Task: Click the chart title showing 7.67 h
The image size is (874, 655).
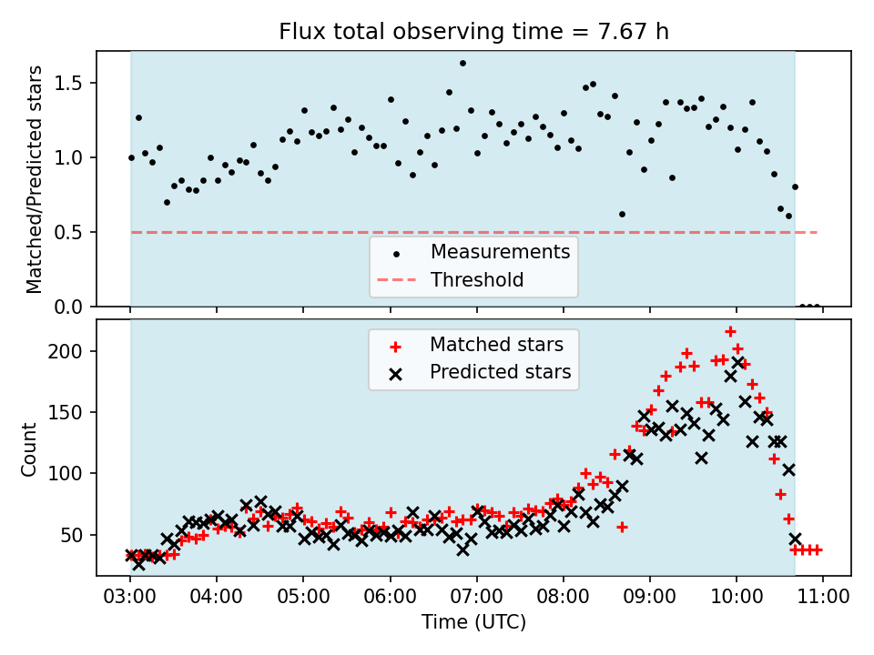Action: click(473, 31)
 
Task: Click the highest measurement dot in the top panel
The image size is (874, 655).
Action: click(462, 64)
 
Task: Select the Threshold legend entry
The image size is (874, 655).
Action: click(451, 279)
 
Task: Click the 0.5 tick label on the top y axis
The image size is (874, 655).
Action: click(68, 232)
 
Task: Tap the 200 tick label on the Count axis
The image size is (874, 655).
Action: click(65, 351)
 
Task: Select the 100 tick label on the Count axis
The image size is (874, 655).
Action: click(65, 473)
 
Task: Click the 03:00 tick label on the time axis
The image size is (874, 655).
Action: click(130, 597)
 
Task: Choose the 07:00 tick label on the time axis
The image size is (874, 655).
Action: click(476, 597)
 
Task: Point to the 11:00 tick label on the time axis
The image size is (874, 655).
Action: click(823, 597)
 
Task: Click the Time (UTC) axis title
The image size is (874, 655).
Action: click(473, 621)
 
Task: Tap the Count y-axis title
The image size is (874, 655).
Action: click(28, 449)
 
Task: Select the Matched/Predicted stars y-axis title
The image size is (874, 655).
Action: click(34, 179)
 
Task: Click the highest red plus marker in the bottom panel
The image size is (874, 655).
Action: click(730, 332)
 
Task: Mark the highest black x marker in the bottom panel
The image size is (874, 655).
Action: click(738, 363)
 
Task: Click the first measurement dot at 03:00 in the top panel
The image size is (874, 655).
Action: click(131, 157)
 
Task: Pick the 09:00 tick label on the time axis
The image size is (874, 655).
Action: click(650, 597)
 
